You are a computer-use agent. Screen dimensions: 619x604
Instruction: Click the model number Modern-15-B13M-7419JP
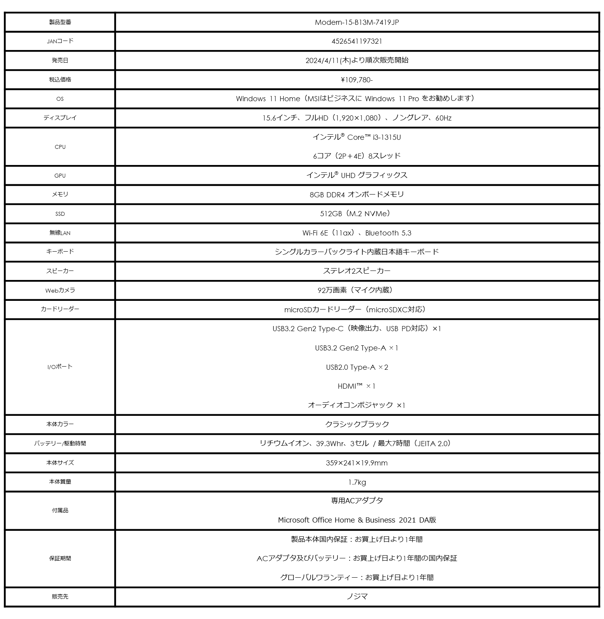pos(357,22)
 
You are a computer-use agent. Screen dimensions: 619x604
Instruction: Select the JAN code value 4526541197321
pos(357,41)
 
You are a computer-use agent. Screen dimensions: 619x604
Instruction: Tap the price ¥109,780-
pos(357,80)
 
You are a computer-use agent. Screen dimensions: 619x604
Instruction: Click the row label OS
pos(60,99)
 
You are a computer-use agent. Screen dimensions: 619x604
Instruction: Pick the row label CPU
pos(60,147)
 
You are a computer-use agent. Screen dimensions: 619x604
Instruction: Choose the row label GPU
pos(60,176)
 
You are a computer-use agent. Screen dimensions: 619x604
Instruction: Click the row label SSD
pos(60,214)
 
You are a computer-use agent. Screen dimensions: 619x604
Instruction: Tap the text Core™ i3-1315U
pos(374,137)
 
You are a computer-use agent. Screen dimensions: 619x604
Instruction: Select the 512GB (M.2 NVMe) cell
pos(357,213)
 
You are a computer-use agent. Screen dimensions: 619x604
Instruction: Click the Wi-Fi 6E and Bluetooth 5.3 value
pos(357,233)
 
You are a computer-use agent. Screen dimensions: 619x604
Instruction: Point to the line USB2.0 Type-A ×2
pos(357,367)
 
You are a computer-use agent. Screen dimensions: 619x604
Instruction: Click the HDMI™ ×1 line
pos(357,386)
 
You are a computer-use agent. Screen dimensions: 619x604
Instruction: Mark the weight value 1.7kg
pos(357,482)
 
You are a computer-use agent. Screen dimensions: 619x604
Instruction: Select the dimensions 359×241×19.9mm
pos(357,463)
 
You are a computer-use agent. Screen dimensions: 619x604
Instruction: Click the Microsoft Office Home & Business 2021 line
pos(357,520)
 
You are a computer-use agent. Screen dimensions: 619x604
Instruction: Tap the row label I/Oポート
pos(60,367)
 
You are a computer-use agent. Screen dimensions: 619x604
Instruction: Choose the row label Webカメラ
pos(60,290)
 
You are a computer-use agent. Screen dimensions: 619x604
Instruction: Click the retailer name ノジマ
pos(357,597)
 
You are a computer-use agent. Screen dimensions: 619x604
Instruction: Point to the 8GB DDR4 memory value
pos(357,195)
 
